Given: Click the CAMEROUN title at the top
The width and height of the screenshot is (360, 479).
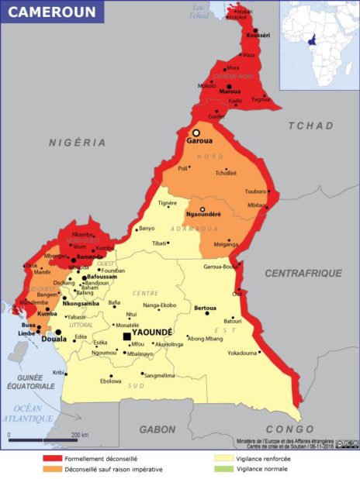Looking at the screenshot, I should [x=53, y=12].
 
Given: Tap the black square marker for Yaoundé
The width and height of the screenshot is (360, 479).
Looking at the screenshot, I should [x=126, y=336].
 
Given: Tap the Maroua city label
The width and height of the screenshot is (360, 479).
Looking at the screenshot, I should [x=230, y=91].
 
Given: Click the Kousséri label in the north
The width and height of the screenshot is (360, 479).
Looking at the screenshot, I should [x=258, y=36].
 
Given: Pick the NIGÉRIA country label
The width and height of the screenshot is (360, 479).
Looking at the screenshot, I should [x=77, y=143].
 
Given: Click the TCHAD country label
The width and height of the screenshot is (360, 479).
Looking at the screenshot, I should [x=310, y=126].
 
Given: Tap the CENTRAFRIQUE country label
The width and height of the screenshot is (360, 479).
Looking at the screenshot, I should [x=303, y=273].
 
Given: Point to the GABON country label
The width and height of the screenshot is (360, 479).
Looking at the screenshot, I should [x=157, y=429].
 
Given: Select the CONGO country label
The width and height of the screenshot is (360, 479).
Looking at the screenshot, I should [x=289, y=429].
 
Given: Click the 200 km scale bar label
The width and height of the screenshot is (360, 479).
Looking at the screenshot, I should [x=80, y=436].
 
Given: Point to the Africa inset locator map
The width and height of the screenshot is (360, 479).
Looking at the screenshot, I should [x=318, y=35].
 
